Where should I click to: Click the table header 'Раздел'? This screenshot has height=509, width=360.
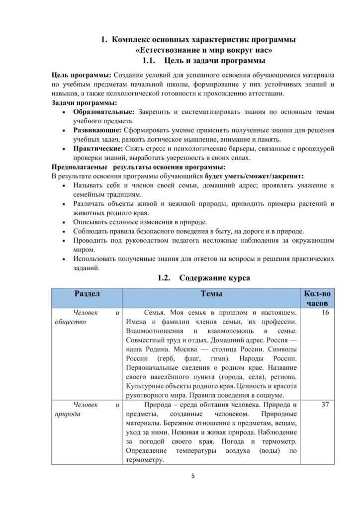click(x=87, y=294)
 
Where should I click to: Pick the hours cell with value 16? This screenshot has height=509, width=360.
click(x=326, y=313)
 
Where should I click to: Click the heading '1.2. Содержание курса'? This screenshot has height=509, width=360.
click(x=203, y=278)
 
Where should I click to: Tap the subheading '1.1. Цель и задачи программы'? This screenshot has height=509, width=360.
click(x=203, y=61)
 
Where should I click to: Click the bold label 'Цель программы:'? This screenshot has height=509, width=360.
click(x=82, y=75)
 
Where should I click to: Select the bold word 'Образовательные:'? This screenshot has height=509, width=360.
click(x=104, y=112)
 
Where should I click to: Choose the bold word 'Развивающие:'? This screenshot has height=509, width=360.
click(x=97, y=130)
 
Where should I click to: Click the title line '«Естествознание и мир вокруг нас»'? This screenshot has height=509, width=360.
click(x=203, y=50)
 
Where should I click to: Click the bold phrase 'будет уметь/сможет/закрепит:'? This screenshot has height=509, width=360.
click(x=254, y=176)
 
